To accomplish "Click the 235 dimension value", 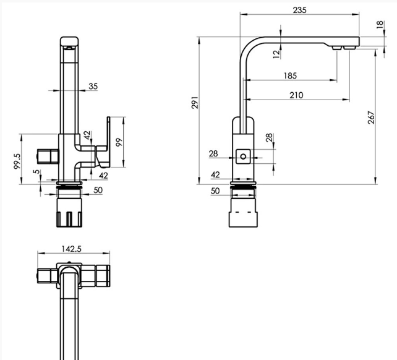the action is point(299,10).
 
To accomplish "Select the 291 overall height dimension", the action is point(195,102).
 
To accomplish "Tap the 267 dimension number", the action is point(371,118).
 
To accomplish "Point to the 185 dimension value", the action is point(290,75).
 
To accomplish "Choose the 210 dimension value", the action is point(296,95).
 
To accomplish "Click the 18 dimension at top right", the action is point(380,25).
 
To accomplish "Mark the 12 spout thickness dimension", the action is point(277,54).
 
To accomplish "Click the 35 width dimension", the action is point(93,87).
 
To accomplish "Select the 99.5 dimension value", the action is point(17,161).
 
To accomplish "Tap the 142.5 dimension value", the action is point(72,249).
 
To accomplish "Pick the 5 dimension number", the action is point(36,171).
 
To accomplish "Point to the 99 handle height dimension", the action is point(119,142).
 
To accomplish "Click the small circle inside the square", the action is point(243,156).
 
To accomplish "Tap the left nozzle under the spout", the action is point(336,48).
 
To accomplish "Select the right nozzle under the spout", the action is point(350,48).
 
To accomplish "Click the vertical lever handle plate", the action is point(109,142).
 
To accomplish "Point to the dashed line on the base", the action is point(243,212).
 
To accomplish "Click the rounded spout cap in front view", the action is point(69,41).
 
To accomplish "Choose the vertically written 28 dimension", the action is point(270,137).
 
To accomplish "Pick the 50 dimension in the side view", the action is point(215,191).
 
